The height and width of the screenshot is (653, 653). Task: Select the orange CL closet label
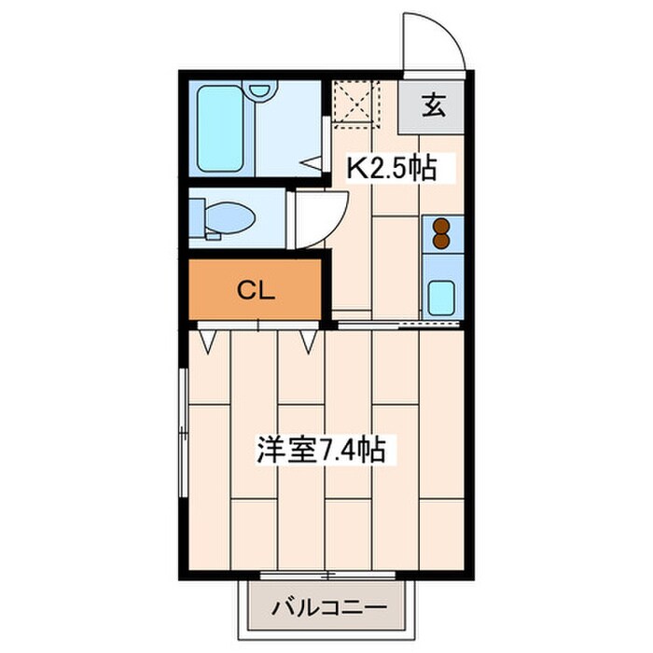click(254, 290)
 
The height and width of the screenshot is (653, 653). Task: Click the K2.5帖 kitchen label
click(392, 168)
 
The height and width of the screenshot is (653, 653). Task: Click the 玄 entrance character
click(432, 105)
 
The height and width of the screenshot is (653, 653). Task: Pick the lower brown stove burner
click(439, 241)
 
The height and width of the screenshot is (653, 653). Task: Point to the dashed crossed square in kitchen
click(355, 103)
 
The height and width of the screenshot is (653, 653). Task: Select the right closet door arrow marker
click(309, 340)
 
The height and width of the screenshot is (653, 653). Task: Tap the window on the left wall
click(183, 410)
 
